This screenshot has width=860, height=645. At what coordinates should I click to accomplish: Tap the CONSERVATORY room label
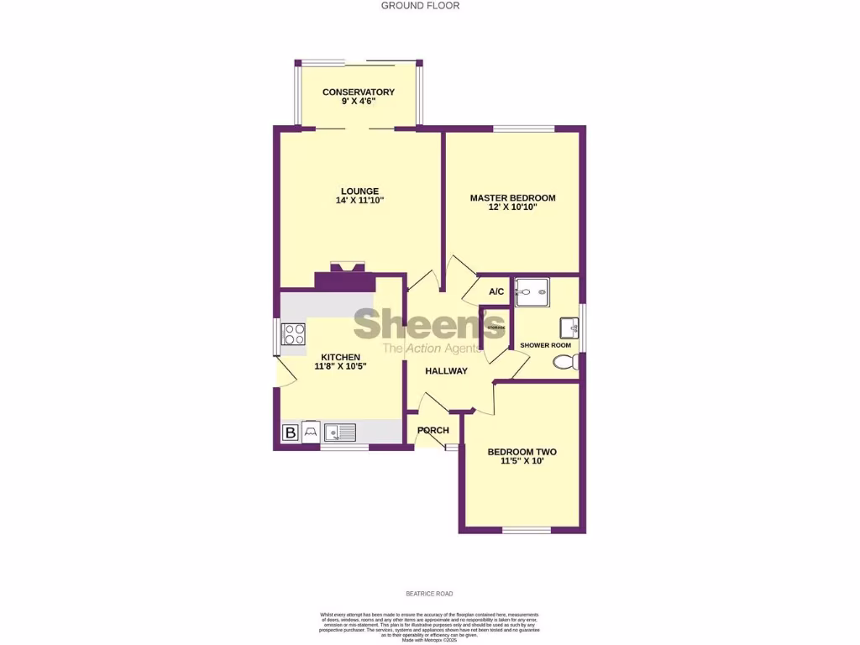click(359, 92)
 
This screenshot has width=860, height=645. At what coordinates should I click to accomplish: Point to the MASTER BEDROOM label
click(512, 198)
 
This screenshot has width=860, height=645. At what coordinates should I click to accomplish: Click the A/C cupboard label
click(496, 291)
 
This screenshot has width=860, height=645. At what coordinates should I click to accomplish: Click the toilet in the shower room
click(567, 361)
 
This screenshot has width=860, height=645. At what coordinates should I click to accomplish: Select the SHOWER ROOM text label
click(545, 345)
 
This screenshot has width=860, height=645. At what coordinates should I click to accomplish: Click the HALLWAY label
click(446, 371)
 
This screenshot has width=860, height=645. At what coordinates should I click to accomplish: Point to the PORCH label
click(433, 431)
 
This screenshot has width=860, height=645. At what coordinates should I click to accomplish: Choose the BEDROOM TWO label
click(522, 452)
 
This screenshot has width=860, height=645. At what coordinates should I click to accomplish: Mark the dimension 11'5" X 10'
click(522, 461)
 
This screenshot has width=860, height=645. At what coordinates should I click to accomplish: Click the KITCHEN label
click(340, 357)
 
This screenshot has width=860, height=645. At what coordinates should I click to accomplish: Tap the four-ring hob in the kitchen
click(294, 334)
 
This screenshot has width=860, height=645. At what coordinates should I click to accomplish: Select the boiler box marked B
click(290, 433)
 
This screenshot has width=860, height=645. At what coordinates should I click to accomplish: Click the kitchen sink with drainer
click(341, 433)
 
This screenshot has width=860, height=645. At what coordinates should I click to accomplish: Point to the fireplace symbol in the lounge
click(347, 269)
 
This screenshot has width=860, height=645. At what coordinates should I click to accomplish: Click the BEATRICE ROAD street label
click(429, 593)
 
